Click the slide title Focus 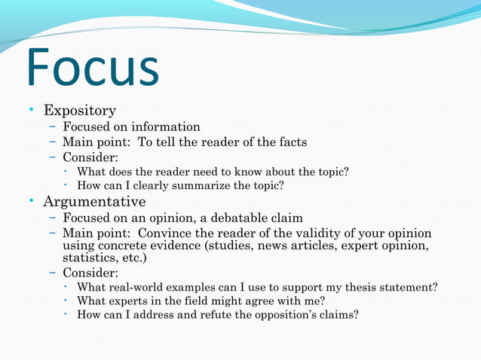[93, 70]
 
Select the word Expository [79, 111]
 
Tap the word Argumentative [94, 202]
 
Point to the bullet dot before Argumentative [32, 202]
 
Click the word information [168, 127]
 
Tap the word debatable [232, 218]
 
